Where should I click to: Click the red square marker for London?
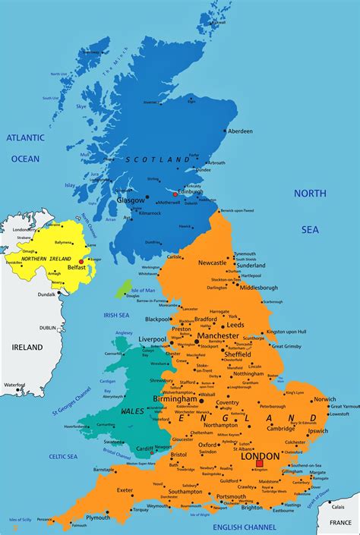(260, 462)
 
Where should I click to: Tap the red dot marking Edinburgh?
(175, 194)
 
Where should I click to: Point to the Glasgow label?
(131, 200)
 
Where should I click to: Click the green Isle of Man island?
(122, 288)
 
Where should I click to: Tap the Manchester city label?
(218, 335)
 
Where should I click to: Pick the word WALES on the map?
(132, 411)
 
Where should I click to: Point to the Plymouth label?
(98, 517)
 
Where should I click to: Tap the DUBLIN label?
(48, 328)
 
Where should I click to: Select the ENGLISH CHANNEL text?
(244, 526)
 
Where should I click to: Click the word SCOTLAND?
(158, 160)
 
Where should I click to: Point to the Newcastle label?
(213, 263)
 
